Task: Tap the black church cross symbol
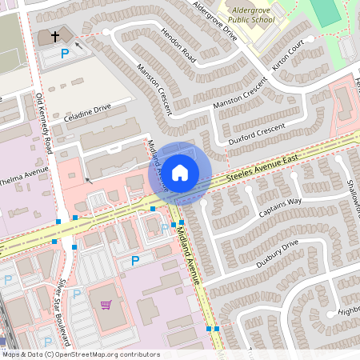tap(56, 37)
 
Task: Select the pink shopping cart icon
tap(106, 305)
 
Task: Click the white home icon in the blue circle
tap(180, 172)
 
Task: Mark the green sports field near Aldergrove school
tap(325, 11)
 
